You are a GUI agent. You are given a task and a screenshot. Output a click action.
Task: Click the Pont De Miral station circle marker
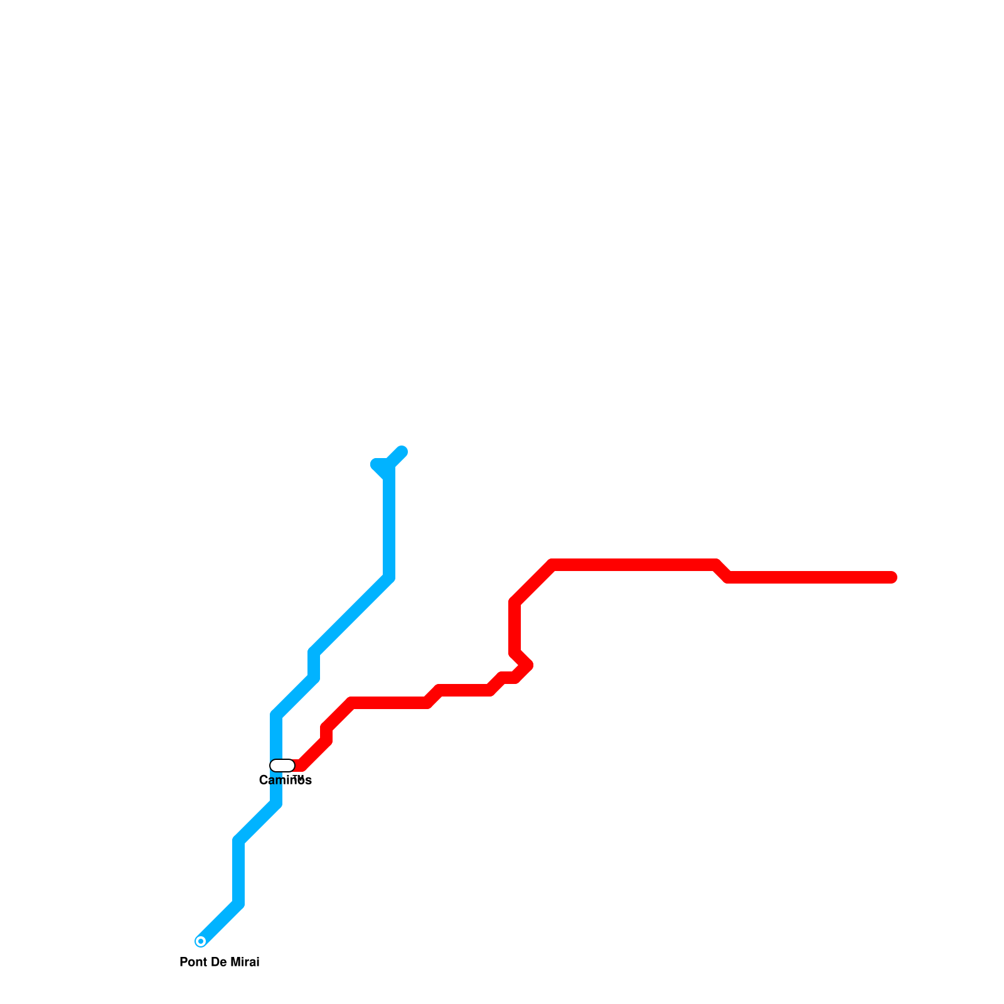click(201, 941)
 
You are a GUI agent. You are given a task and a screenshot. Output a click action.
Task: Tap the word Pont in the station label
click(191, 963)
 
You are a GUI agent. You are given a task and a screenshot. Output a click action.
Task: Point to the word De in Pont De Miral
click(220, 963)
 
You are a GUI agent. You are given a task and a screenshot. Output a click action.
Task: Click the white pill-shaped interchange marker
click(282, 766)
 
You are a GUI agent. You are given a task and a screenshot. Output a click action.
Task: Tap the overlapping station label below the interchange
click(286, 781)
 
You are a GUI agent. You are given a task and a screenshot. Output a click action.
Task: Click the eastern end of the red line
click(892, 577)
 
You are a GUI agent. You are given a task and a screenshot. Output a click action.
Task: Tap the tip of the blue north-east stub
click(402, 451)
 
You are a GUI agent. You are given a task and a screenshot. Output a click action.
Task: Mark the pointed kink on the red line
click(528, 665)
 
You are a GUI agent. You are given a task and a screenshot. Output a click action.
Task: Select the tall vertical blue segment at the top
click(389, 521)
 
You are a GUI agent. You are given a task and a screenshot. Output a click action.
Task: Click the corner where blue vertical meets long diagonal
click(389, 578)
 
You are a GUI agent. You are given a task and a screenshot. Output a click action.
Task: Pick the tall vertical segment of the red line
click(515, 627)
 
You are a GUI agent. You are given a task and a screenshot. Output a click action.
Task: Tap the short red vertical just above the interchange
click(326, 734)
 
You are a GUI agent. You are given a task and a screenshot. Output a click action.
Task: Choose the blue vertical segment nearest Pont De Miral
click(238, 872)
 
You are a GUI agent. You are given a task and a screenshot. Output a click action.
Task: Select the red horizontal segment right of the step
click(809, 577)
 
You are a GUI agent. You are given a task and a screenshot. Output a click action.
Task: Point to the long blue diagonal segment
click(351, 615)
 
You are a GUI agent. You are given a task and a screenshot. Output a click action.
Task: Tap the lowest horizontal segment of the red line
click(389, 703)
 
